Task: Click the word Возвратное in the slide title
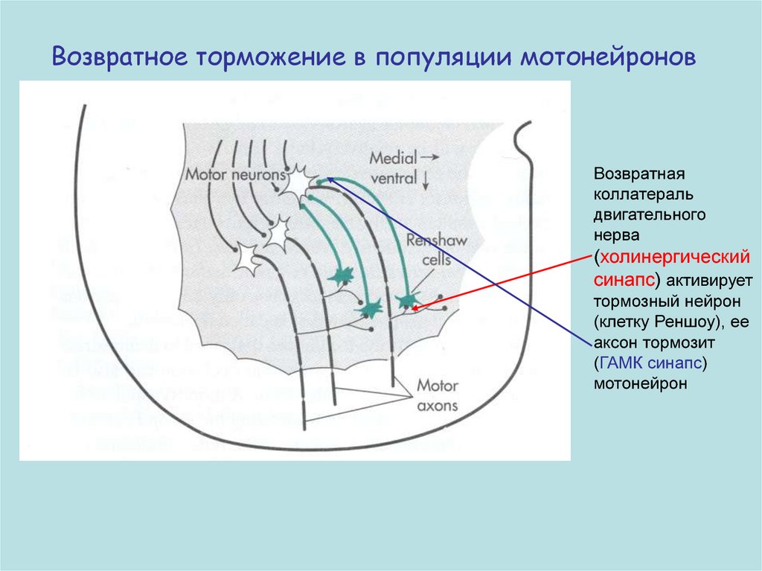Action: [x=122, y=57]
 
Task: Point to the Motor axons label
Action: [x=437, y=396]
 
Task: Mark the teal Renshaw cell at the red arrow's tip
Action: [x=406, y=299]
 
